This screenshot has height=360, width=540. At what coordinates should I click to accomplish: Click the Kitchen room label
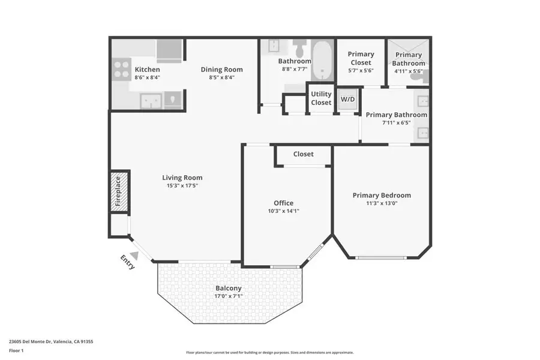pos(147,70)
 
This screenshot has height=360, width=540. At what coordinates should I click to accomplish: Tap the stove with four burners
pos(122,70)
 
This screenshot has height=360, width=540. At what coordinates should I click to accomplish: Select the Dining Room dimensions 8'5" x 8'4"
pos(221,77)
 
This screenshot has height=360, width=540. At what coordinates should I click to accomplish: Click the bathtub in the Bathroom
pos(324,61)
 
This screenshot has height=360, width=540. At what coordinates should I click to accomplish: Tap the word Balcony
pos(228,288)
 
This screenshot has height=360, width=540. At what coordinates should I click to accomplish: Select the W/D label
pos(348,99)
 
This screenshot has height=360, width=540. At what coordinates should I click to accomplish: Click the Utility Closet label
pos(321,98)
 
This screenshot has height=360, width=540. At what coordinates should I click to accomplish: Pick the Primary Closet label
pos(361,58)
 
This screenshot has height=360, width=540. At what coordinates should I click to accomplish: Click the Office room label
pos(283,203)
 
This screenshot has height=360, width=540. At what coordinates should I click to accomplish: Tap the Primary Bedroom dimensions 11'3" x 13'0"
pos(382,203)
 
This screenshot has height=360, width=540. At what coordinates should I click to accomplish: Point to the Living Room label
pos(182,178)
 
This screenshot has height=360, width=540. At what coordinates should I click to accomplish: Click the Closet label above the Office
pos(303,154)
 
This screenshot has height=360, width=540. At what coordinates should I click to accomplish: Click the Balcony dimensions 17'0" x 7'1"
pos(228,296)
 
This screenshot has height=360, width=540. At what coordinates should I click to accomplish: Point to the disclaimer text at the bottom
pos(269,353)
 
